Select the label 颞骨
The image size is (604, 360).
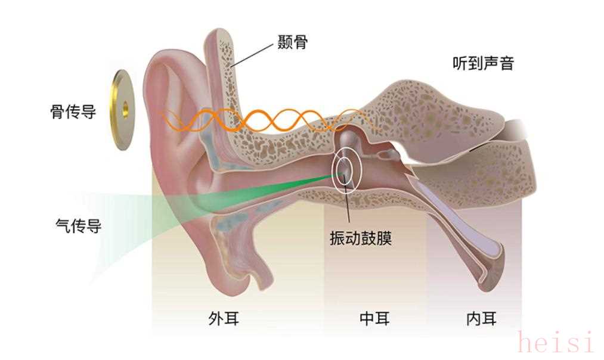coord(292,42)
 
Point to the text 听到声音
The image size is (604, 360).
coord(482,63)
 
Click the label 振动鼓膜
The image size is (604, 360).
coord(360,238)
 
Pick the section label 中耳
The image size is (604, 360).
coord(374,318)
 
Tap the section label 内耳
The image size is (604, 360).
coord(481,318)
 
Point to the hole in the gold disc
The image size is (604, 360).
coord(125,108)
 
